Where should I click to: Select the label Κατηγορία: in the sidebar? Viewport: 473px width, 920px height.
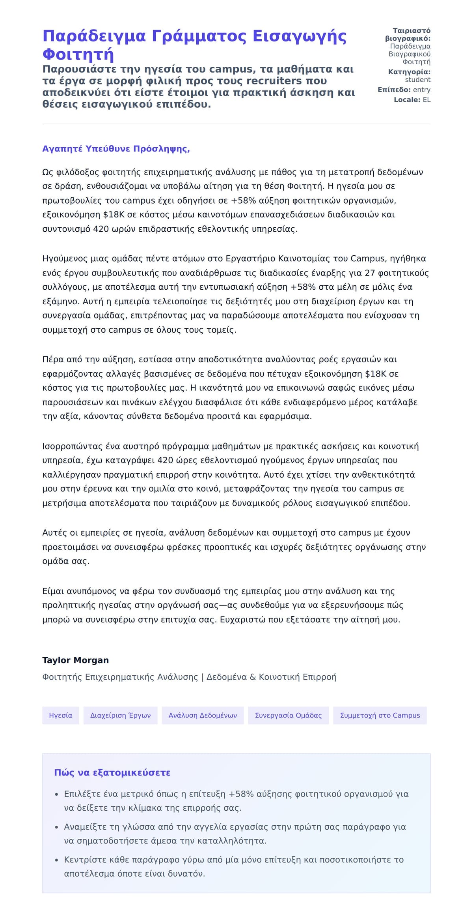tap(409, 72)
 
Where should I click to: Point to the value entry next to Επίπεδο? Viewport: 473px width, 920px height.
tap(421, 90)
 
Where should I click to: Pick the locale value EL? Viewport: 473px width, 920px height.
tap(426, 100)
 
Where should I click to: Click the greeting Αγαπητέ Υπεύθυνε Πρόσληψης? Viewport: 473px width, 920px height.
tap(116, 149)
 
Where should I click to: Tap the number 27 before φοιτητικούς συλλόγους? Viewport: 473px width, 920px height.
tap(370, 273)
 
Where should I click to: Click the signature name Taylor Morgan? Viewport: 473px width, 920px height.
tap(75, 660)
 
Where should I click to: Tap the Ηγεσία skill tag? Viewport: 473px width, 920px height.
tap(60, 716)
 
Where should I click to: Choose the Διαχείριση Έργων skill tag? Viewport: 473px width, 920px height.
tap(120, 716)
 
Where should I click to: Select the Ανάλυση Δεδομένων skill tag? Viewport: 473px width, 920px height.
tap(203, 716)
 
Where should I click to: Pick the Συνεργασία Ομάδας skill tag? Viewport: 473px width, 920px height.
tap(288, 716)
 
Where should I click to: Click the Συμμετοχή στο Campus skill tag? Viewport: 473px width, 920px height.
tap(380, 716)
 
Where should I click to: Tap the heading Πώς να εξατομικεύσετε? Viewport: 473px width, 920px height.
tap(112, 772)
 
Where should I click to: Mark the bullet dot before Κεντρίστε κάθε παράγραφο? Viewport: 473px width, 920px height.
tap(56, 860)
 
